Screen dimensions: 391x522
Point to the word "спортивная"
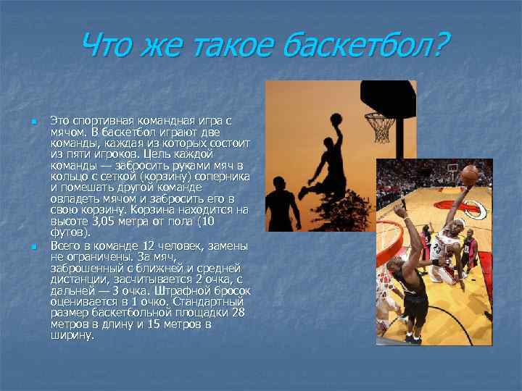point(107,119)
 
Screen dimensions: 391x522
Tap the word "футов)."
point(71,233)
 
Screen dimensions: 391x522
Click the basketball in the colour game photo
point(471,174)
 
